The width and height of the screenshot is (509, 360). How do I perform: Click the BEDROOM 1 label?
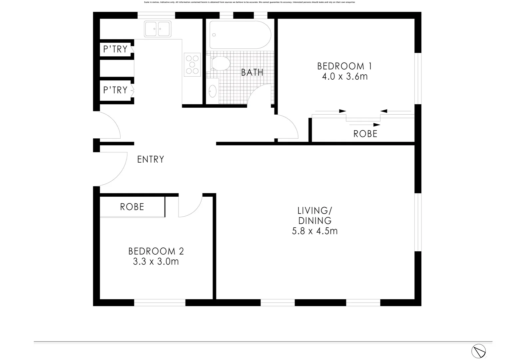(344, 66)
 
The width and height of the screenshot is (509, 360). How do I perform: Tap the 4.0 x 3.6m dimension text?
(344, 77)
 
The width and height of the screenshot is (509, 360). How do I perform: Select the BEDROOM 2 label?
(156, 251)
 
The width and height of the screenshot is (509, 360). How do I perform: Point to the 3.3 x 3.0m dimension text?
(156, 262)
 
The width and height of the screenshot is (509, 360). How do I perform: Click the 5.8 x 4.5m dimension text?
(315, 231)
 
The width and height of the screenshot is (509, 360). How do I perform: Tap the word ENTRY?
(151, 159)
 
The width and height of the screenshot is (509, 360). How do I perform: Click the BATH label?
(252, 72)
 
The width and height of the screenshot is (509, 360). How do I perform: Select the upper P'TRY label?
(115, 49)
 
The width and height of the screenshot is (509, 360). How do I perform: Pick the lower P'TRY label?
(115, 90)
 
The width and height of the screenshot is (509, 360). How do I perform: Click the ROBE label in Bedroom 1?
(365, 134)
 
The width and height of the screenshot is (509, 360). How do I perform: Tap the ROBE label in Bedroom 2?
(132, 207)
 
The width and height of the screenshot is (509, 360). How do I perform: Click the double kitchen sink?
(158, 29)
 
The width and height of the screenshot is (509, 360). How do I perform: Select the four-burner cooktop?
(192, 65)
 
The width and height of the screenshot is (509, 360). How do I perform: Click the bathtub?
(240, 35)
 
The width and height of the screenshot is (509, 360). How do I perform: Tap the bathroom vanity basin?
(212, 91)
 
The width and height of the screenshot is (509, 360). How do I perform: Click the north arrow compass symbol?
(478, 351)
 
